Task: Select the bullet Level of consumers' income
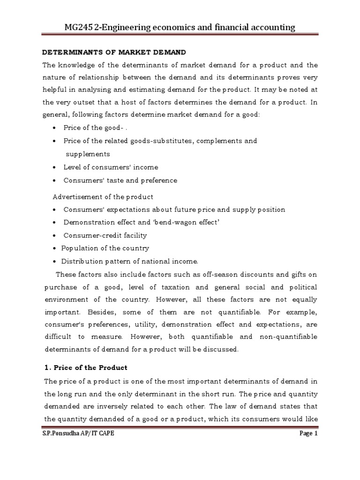[111, 167]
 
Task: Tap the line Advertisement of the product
[103, 196]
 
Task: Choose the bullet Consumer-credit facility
[105, 235]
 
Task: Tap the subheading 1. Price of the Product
[85, 367]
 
